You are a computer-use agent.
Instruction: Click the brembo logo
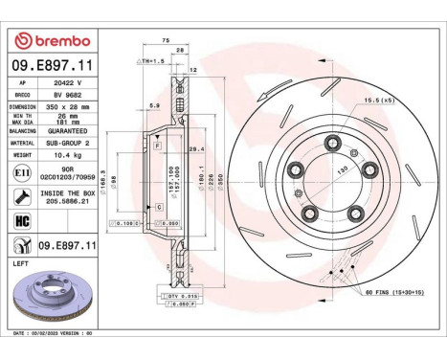pos(50,41)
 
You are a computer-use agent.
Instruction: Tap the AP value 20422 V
pos(76,82)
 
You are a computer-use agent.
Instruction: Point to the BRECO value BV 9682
pos(76,95)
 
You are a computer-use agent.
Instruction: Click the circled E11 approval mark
pos(22,173)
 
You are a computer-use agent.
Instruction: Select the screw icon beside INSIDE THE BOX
pos(22,196)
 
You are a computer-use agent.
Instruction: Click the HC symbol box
pos(22,220)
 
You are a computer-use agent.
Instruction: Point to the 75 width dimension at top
pos(166,41)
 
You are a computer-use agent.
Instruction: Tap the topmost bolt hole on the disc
pos(333,144)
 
